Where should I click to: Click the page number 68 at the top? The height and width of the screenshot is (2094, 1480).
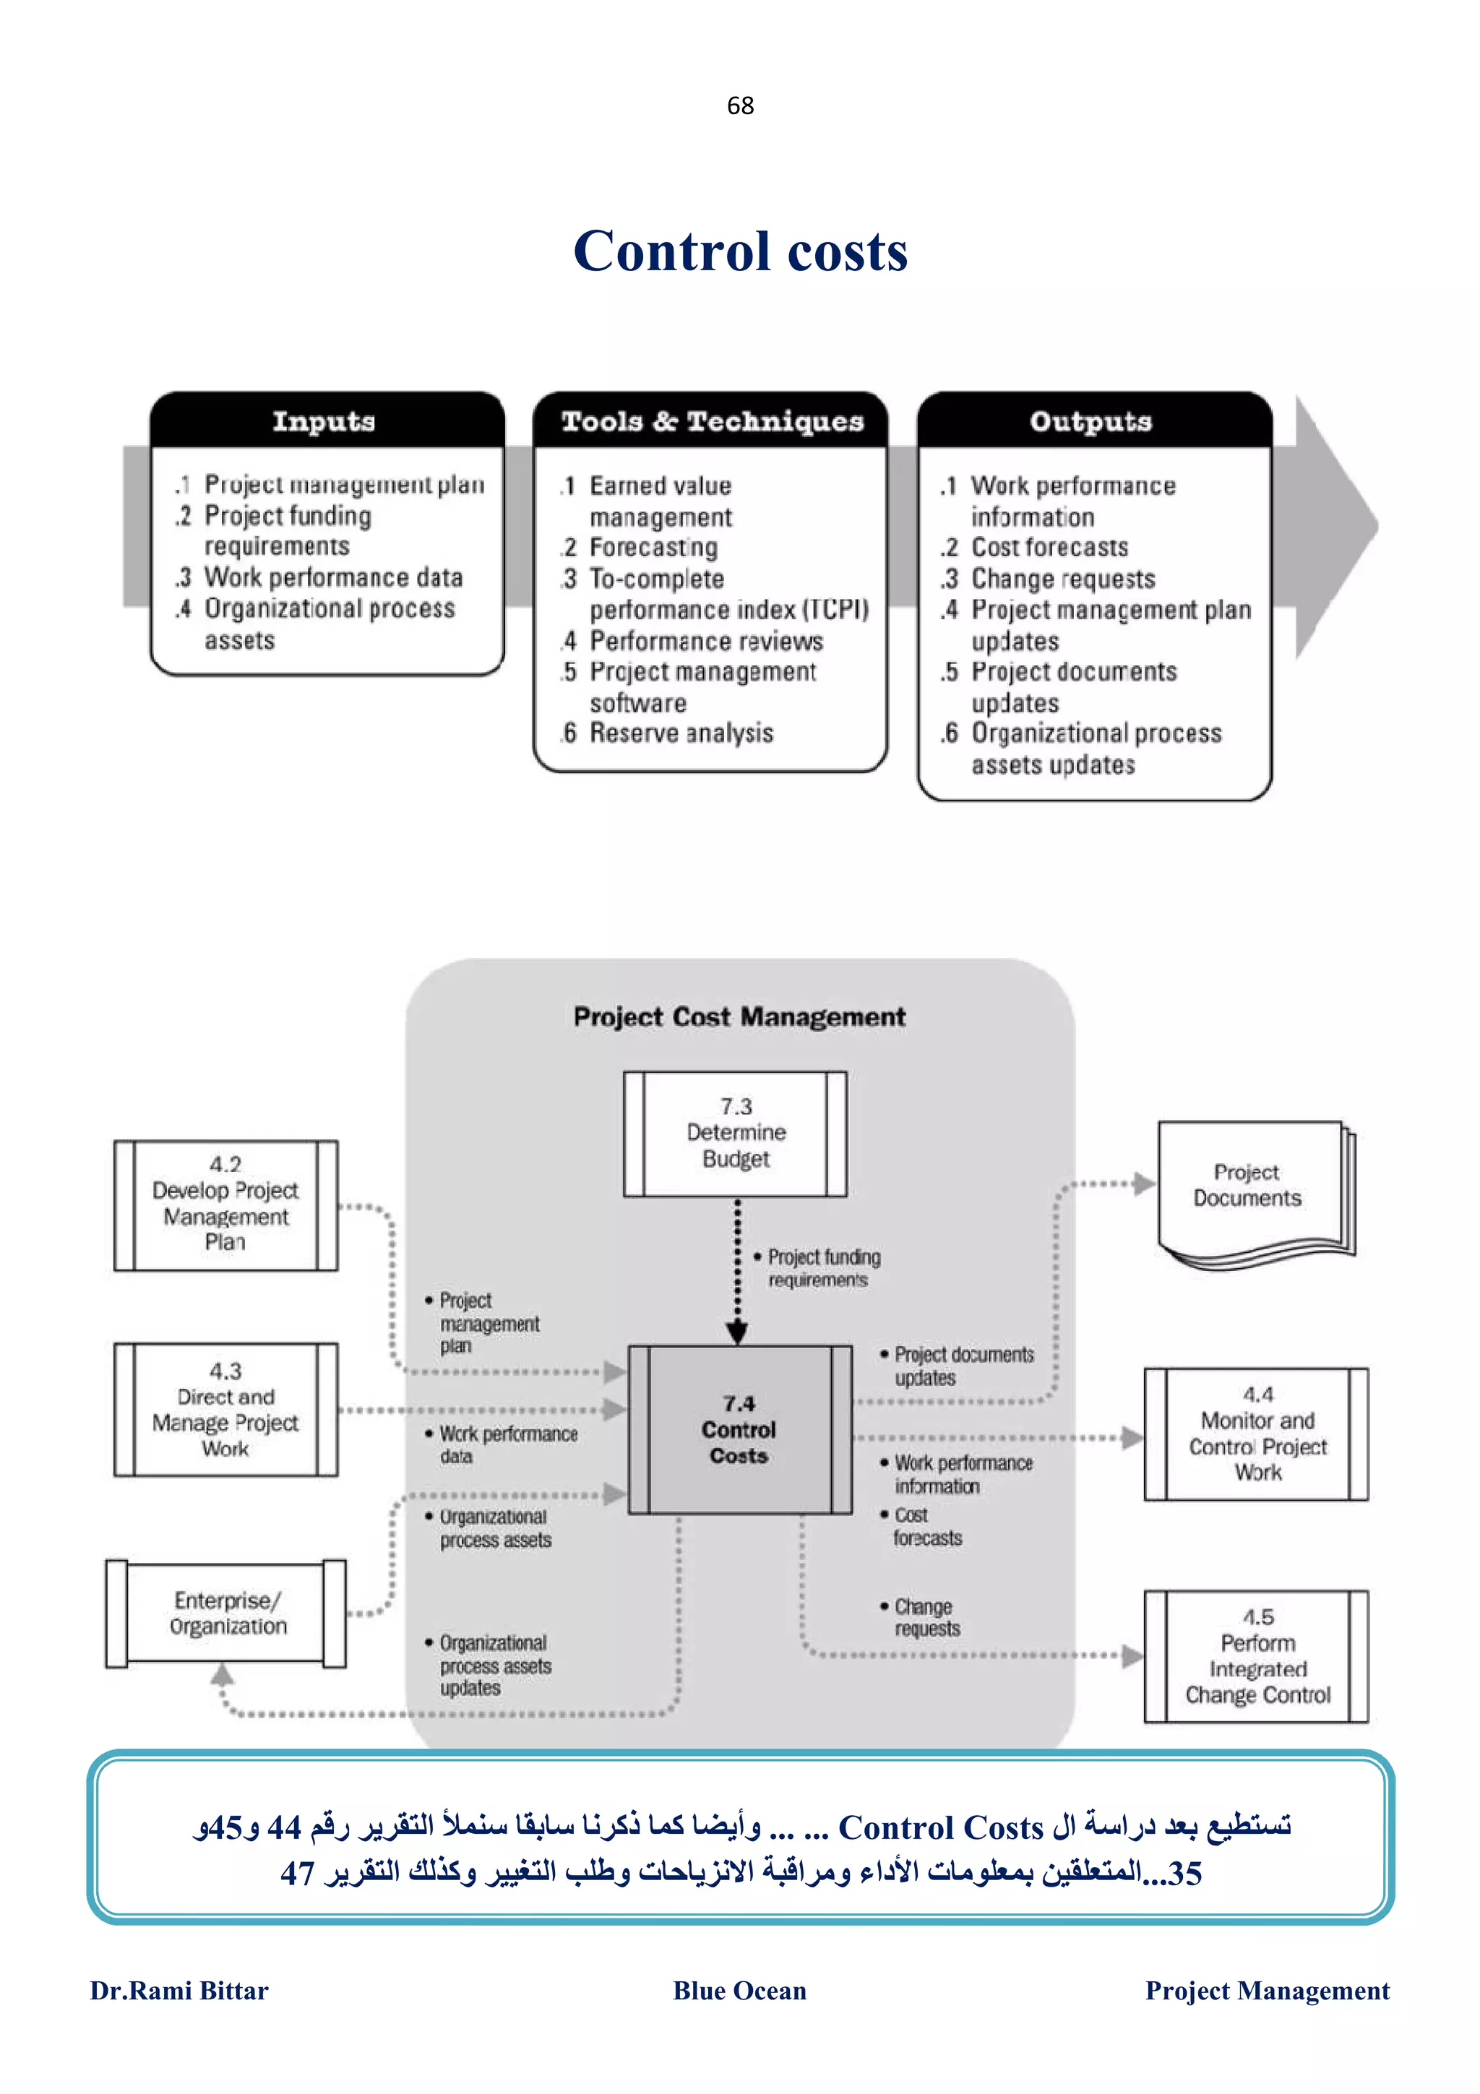[739, 105]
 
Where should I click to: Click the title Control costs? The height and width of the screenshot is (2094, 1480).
[739, 251]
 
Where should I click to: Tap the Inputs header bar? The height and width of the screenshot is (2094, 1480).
[325, 421]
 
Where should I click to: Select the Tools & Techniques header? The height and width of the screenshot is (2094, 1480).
[711, 421]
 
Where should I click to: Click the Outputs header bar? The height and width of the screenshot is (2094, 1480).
[1093, 421]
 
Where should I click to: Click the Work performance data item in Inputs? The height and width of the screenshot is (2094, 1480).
[333, 577]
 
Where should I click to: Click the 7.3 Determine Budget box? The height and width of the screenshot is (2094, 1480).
[735, 1134]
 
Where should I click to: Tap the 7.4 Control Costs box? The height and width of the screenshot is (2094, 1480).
[739, 1429]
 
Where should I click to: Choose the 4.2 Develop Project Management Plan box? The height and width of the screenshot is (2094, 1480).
[225, 1204]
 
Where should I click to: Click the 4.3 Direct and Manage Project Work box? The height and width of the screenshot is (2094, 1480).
[225, 1410]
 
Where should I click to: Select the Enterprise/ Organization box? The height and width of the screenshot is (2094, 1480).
[227, 1613]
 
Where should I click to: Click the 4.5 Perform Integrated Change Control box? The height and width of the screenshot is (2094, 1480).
[1257, 1656]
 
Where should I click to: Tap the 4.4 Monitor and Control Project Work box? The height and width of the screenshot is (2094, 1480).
[1257, 1434]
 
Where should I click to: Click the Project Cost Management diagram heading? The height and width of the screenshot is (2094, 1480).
[739, 1017]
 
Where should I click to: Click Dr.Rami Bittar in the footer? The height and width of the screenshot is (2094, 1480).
[180, 1990]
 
